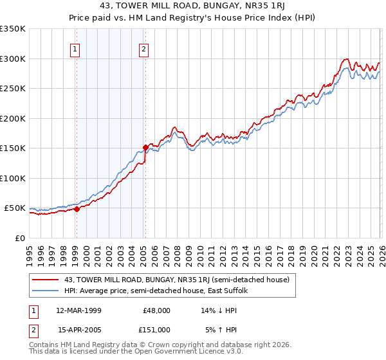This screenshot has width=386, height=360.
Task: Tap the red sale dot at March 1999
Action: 77,209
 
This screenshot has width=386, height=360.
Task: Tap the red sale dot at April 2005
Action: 145,147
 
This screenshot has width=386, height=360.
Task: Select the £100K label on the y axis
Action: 12,178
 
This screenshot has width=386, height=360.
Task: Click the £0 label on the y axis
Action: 19,238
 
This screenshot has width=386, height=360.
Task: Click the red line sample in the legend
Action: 46,280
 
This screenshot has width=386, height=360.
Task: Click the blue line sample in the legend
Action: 46,291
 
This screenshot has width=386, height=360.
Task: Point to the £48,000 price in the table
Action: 157,310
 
